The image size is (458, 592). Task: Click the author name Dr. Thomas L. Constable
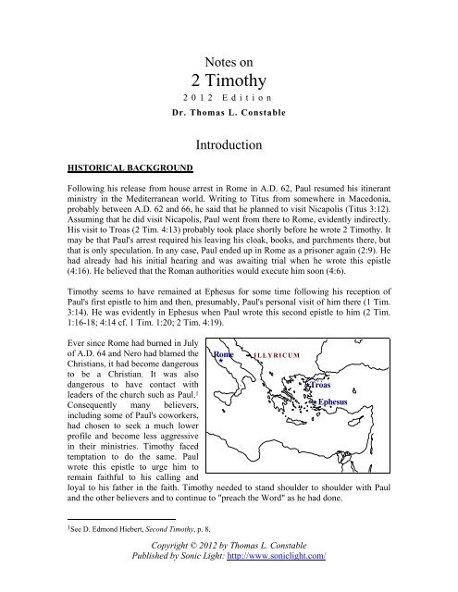(x=228, y=116)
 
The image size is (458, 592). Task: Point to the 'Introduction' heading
(x=229, y=145)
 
